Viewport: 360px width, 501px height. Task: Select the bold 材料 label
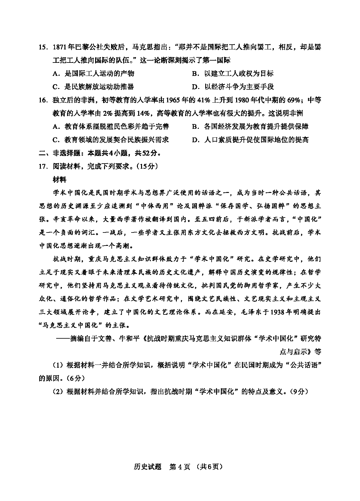click(59, 180)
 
